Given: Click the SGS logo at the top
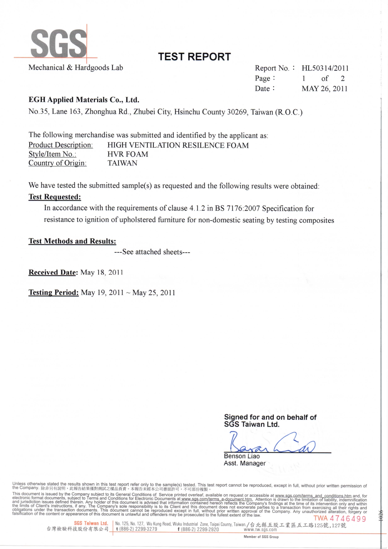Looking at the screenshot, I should click(59, 43).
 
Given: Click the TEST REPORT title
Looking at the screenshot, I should click(194, 57).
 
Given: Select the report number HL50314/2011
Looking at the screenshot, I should click(325, 68).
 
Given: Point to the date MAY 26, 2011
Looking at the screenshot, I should click(324, 89).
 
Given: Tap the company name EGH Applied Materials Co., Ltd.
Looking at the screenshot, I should click(84, 100).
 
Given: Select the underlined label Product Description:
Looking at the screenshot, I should click(61, 145).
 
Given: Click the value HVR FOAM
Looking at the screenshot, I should click(128, 154).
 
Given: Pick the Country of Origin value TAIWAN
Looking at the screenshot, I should click(122, 163).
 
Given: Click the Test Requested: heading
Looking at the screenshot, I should click(55, 197).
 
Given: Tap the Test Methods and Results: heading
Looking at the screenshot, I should click(72, 241).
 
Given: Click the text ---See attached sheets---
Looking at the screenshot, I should click(152, 252).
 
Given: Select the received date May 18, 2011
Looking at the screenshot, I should click(102, 272).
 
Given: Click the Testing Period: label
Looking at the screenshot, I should click(54, 292).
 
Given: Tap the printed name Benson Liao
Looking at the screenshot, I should click(242, 456).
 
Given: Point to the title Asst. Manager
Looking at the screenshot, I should click(245, 463).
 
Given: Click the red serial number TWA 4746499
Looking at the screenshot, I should click(340, 519).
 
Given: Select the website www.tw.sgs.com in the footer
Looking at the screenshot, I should click(260, 530).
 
